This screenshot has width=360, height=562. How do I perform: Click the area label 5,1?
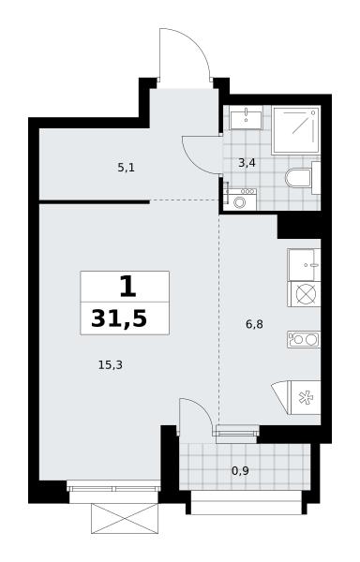[126, 168]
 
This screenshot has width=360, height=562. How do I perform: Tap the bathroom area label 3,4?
[247, 163]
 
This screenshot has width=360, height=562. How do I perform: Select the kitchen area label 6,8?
[254, 324]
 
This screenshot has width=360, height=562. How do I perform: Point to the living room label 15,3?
[111, 365]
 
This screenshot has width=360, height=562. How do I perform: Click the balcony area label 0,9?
[240, 470]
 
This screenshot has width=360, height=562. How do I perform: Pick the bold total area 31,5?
[119, 318]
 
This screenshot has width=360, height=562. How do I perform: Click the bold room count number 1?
[128, 287]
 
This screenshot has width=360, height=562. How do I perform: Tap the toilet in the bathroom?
[302, 178]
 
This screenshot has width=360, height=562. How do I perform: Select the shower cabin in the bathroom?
[296, 130]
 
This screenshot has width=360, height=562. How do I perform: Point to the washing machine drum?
[239, 202]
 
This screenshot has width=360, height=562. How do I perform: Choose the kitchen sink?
[304, 265]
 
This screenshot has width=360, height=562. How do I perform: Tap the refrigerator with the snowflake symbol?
[305, 397]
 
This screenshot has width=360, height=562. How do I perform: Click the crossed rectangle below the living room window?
[125, 518]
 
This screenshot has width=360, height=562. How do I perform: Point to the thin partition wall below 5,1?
[95, 202]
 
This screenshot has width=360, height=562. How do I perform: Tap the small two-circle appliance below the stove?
[304, 339]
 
